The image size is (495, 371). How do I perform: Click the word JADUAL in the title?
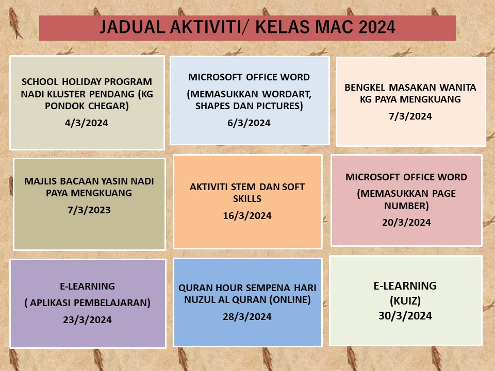133,27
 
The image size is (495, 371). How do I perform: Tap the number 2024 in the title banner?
377,27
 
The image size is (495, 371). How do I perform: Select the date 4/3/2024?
87,123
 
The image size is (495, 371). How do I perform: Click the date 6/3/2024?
249,123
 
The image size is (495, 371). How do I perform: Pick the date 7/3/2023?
89,210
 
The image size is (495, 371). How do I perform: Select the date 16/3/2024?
247,215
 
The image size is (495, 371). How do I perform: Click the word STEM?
243,187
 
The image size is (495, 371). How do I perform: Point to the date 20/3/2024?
406,222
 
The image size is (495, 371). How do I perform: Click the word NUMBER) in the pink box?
406,206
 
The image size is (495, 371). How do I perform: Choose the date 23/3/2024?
87,319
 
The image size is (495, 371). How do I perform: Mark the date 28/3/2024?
247,316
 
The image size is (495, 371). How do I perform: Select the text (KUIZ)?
405,300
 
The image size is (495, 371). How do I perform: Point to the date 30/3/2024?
405,316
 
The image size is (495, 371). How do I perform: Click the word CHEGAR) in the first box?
108,106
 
